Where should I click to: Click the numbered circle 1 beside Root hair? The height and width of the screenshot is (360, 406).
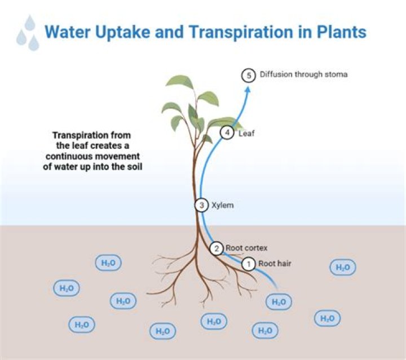pyautogui.click(x=248, y=263)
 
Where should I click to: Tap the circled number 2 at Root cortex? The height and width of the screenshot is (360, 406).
pyautogui.click(x=217, y=248)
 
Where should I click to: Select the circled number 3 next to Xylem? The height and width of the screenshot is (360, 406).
pyautogui.click(x=202, y=205)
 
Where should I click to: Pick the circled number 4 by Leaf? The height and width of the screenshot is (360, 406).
pyautogui.click(x=226, y=134)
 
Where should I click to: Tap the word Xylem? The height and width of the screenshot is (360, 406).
pyautogui.click(x=222, y=205)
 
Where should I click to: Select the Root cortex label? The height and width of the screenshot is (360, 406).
pyautogui.click(x=246, y=247)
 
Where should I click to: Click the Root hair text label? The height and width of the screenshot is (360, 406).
pyautogui.click(x=275, y=263)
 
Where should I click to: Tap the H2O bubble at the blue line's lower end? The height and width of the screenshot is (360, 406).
pyautogui.click(x=279, y=302)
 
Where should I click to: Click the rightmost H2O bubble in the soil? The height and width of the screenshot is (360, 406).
pyautogui.click(x=343, y=268)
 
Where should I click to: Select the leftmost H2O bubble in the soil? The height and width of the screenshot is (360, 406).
pyautogui.click(x=66, y=288)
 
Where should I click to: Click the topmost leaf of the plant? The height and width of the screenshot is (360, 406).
pyautogui.click(x=179, y=83)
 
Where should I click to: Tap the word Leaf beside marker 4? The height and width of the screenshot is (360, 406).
pyautogui.click(x=244, y=134)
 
